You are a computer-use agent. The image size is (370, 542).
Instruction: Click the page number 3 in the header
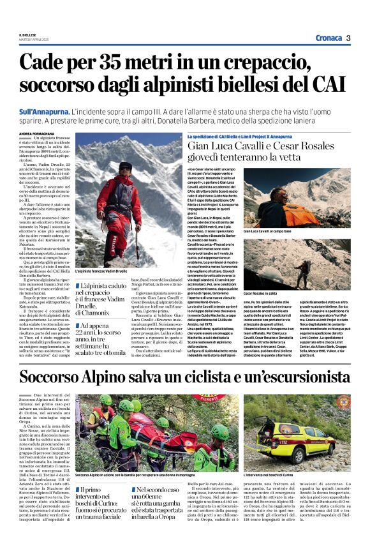[348, 38]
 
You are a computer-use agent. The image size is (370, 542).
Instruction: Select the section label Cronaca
[328, 38]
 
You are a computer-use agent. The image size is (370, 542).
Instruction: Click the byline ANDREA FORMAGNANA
[39, 133]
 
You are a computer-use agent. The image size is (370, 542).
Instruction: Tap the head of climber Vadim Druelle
[125, 169]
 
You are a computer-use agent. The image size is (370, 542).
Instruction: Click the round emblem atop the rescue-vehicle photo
[343, 402]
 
